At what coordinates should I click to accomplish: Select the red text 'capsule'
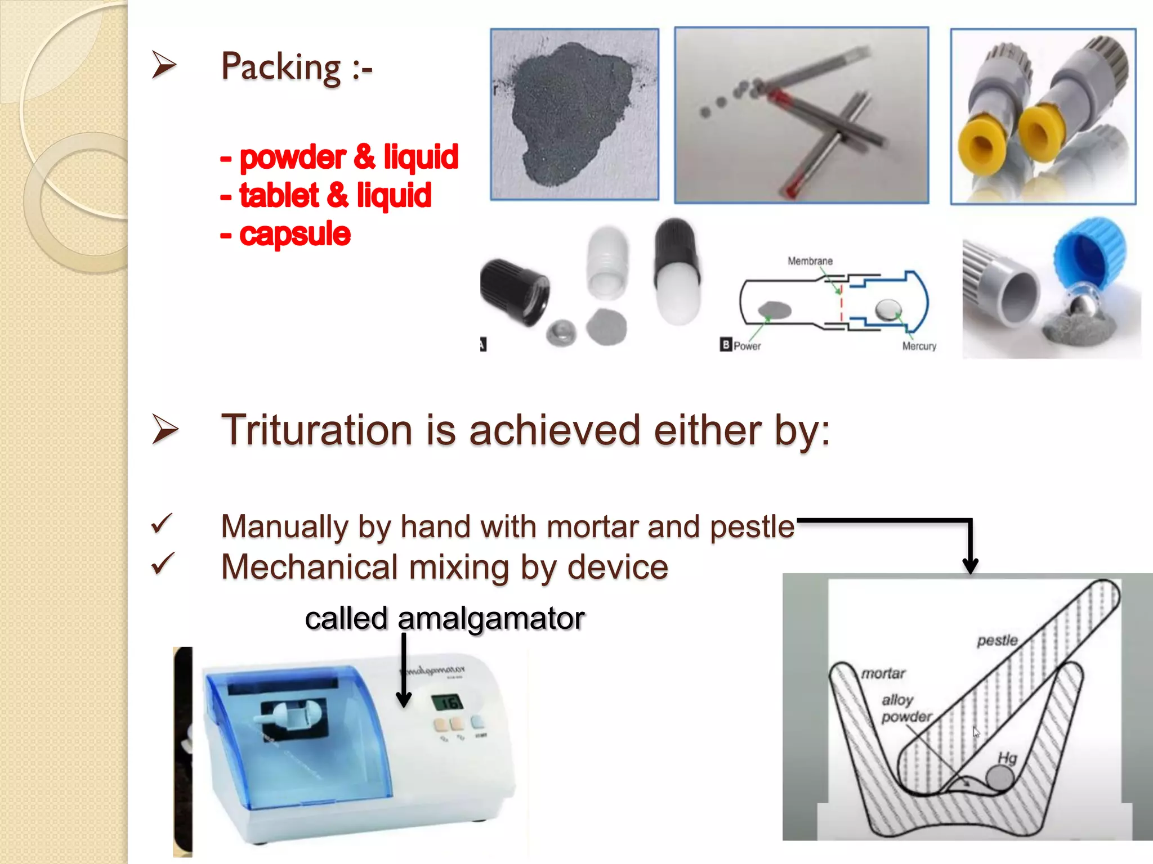294,234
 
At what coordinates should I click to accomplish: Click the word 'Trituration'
316,430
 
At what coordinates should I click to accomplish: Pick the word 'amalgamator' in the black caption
491,619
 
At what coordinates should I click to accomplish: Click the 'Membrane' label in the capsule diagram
810,261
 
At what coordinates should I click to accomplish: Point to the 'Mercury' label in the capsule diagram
919,346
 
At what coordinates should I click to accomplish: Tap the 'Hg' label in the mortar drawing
1007,758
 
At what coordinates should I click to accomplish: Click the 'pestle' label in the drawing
997,640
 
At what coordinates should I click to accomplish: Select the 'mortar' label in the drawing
883,673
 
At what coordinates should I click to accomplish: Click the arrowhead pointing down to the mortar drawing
970,565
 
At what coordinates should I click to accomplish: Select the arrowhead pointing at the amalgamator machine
404,699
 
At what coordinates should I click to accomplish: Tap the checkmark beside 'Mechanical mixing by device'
163,564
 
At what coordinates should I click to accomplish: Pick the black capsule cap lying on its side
513,291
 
